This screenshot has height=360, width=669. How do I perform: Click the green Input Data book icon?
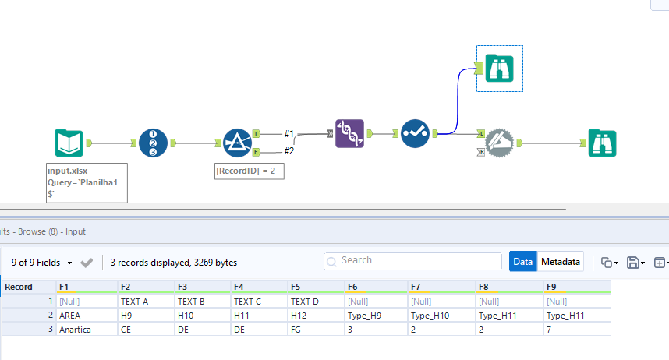(69, 143)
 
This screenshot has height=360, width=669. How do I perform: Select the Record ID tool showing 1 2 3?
(153, 143)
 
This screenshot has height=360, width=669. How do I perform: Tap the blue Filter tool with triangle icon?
(235, 143)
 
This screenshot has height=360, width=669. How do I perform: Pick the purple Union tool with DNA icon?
(349, 134)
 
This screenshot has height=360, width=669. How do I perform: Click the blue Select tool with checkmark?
(415, 134)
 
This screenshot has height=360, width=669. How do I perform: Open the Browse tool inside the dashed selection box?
(499, 69)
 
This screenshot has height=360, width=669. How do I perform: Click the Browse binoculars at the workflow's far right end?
(603, 143)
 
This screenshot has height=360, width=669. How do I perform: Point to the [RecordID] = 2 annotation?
(249, 171)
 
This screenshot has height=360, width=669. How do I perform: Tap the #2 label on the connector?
(288, 150)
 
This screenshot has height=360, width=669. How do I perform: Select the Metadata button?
(561, 262)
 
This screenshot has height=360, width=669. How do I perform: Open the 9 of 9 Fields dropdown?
(43, 263)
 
